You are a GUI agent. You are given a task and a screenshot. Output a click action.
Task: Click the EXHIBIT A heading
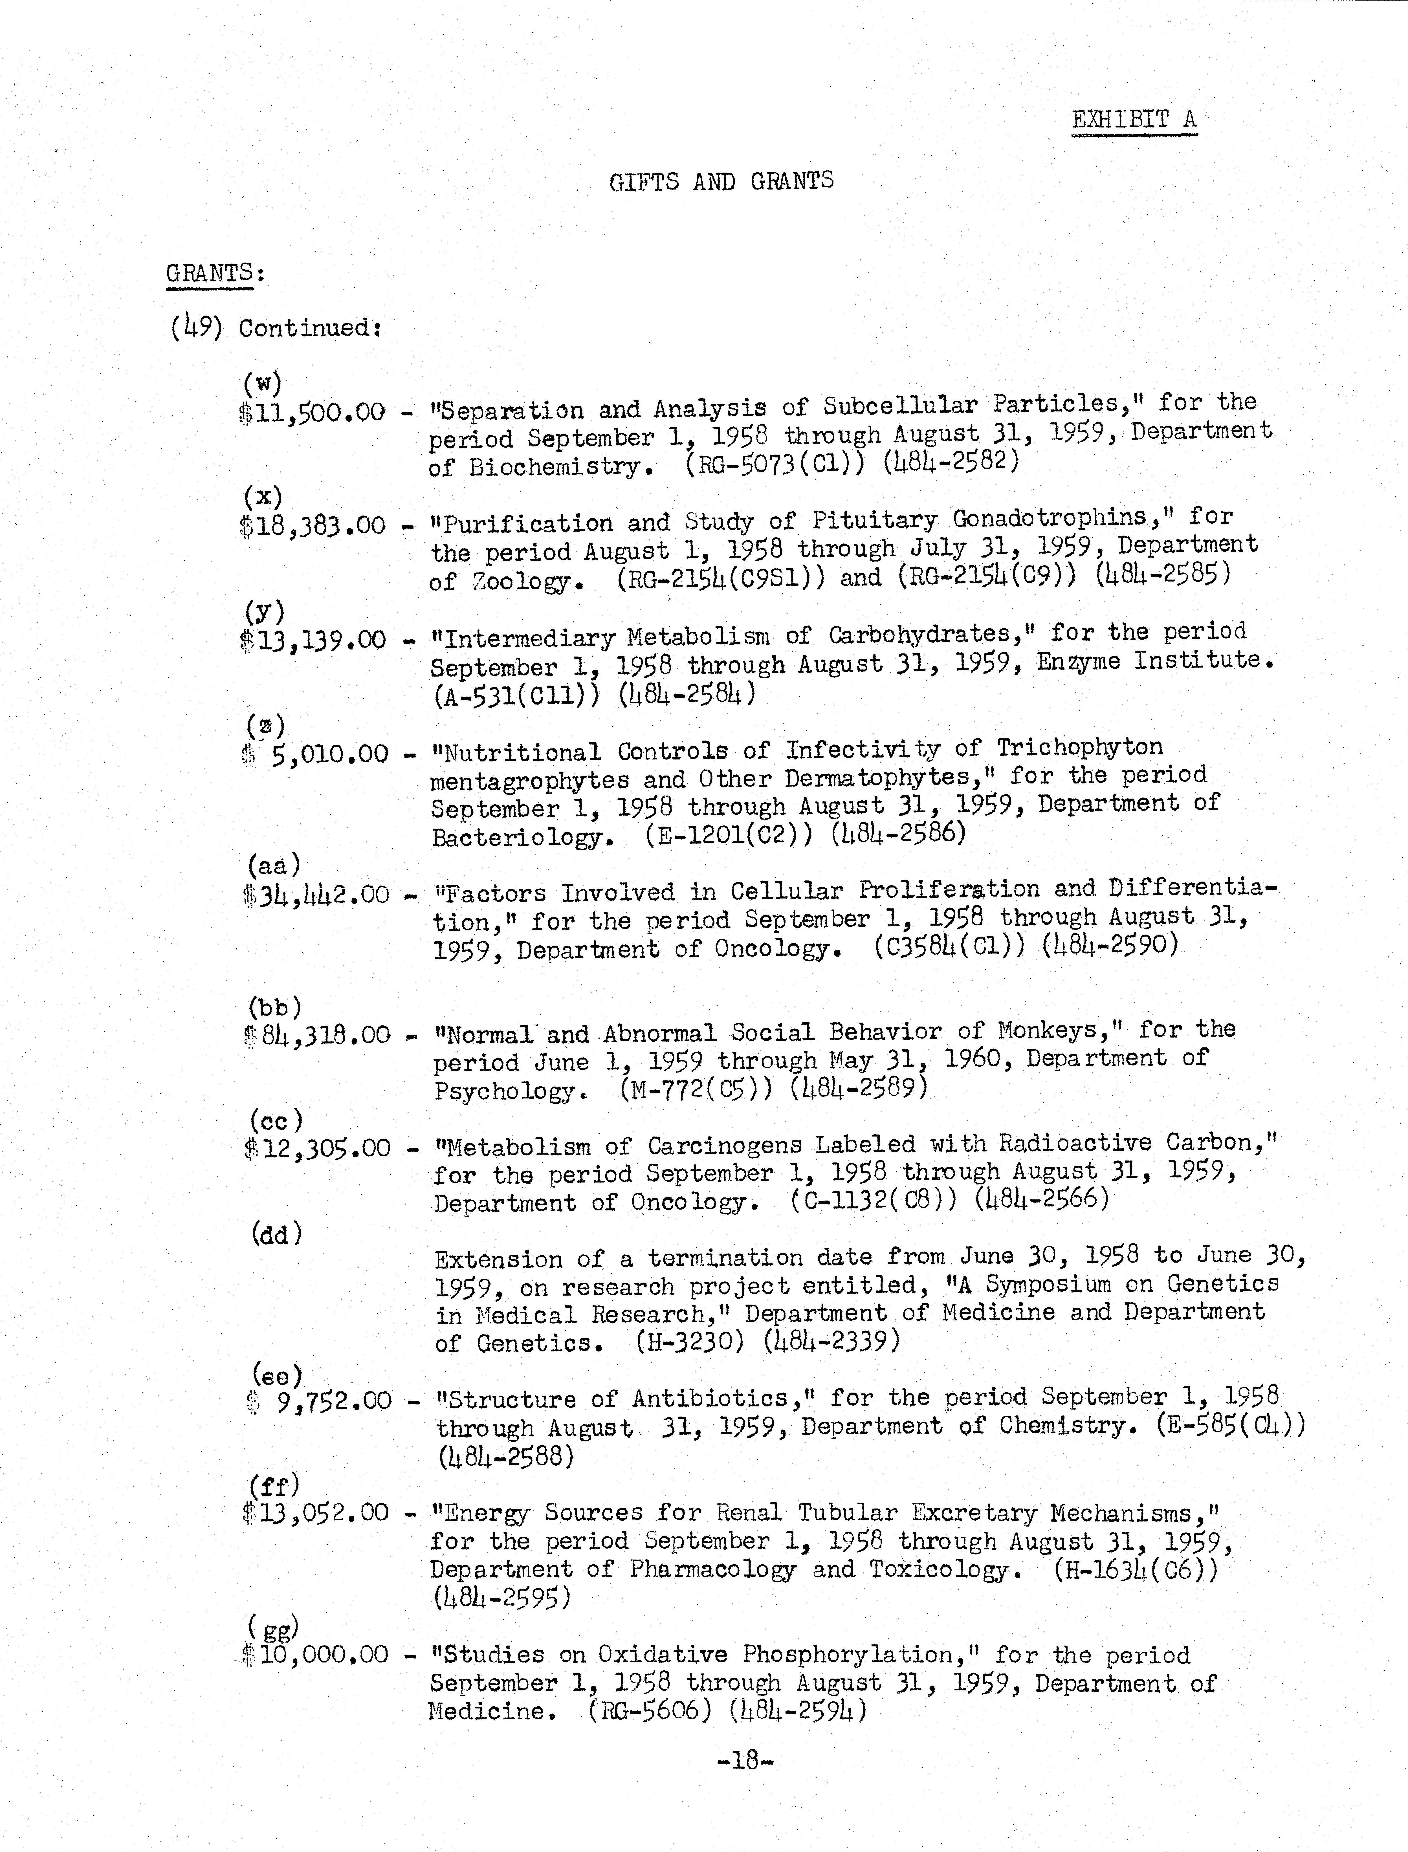[x=1134, y=120]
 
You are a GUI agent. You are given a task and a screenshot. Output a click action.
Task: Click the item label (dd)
[x=276, y=1234]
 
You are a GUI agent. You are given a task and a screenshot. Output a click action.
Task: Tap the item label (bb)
[x=274, y=1007]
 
